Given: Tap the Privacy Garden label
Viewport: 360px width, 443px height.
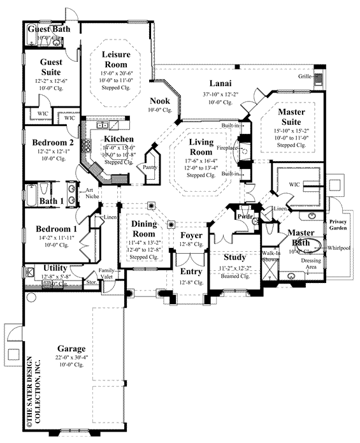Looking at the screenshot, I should [338, 226].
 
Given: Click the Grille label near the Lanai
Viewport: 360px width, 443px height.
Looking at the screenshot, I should [304, 76].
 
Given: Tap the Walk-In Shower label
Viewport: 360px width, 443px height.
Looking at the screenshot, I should [271, 256].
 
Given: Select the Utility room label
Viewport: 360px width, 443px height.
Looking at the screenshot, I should [55, 268].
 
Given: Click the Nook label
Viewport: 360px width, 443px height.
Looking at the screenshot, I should [159, 101].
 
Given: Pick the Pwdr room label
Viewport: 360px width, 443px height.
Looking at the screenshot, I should [245, 217].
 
